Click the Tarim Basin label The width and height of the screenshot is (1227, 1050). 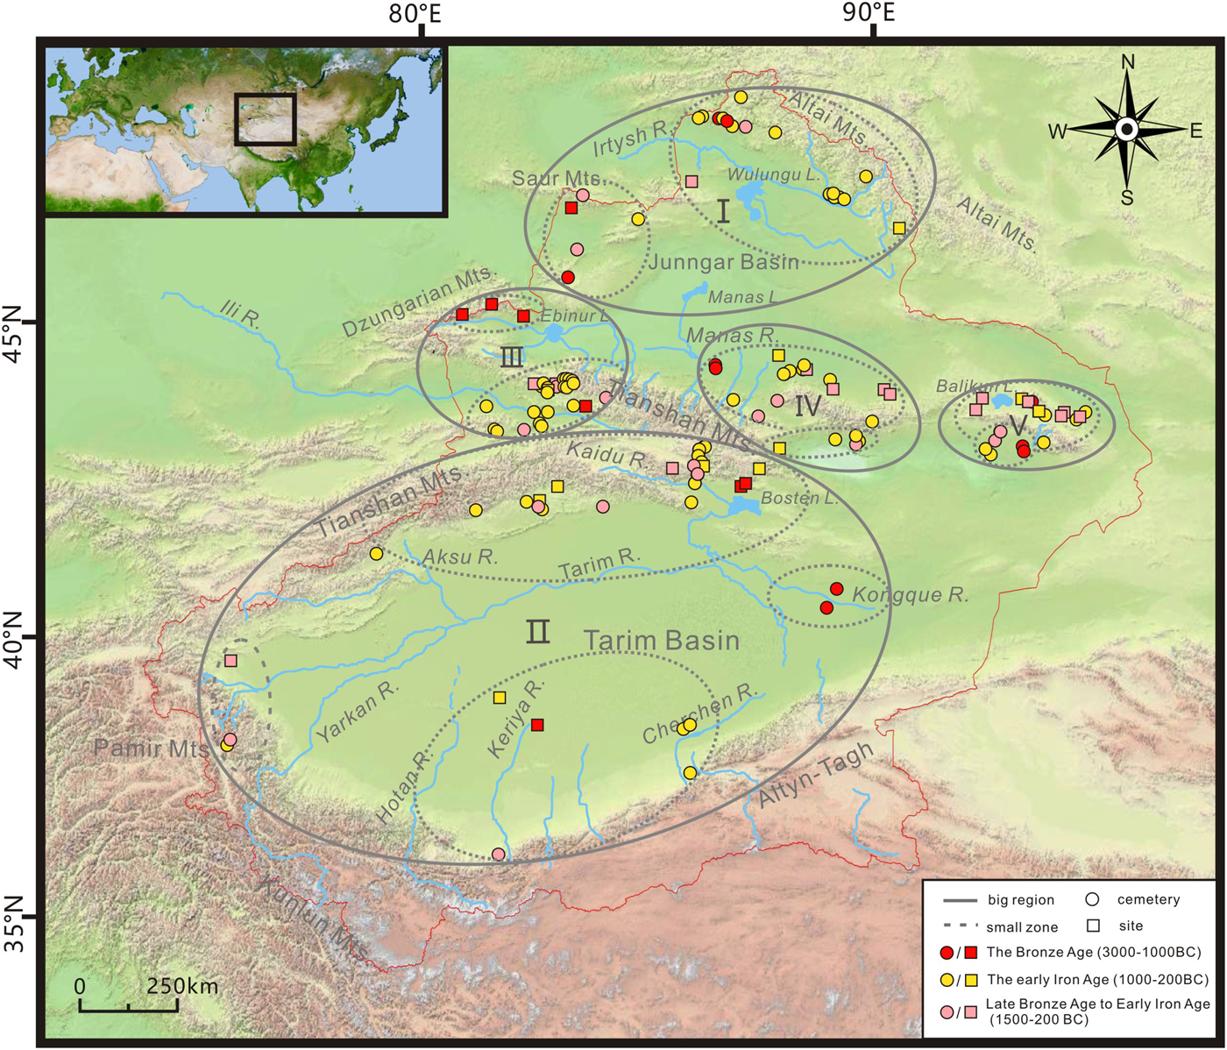click(662, 640)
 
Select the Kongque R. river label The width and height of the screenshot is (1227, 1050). click(911, 595)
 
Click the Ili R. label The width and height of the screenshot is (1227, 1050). click(238, 313)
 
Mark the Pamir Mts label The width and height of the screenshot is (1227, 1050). click(151, 748)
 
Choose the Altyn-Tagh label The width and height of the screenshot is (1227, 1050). click(816, 774)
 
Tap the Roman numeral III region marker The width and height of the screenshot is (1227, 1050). click(512, 357)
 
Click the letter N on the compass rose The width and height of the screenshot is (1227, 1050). click(1128, 62)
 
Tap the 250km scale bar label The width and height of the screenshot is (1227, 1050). click(182, 986)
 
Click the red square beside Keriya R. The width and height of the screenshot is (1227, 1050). click(537, 725)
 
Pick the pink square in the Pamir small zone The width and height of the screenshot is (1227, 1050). click(231, 660)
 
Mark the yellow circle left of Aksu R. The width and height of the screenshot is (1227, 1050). click(377, 553)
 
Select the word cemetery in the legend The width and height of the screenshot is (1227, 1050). click(1148, 899)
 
